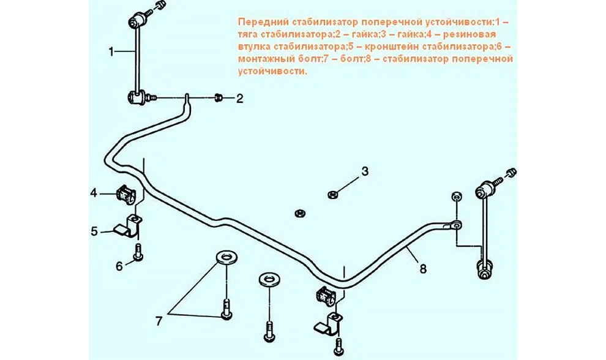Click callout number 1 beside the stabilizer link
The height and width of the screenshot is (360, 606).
(x=111, y=51)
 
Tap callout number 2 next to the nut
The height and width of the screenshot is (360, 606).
(x=239, y=99)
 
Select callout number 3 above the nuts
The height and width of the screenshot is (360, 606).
(x=365, y=171)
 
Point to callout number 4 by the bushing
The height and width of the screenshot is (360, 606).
(x=94, y=193)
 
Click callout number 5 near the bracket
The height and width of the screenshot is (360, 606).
(x=94, y=231)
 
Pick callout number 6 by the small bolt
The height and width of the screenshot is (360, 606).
(x=119, y=266)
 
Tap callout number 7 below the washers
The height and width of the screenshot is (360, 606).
(x=159, y=321)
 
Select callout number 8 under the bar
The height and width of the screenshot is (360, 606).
(x=423, y=268)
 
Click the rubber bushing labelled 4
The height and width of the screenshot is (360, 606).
(x=124, y=193)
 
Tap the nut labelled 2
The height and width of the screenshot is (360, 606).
(x=219, y=97)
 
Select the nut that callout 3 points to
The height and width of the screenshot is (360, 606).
(x=332, y=195)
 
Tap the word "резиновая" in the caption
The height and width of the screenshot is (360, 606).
(x=469, y=34)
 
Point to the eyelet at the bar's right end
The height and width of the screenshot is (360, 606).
(x=455, y=225)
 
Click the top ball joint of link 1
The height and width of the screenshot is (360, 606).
(x=136, y=20)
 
